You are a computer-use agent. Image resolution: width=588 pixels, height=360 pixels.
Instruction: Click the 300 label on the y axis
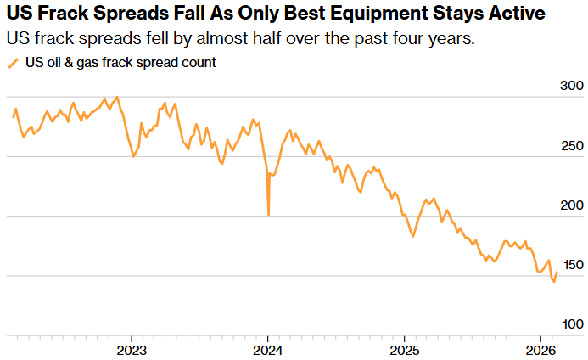pyautogui.click(x=573, y=86)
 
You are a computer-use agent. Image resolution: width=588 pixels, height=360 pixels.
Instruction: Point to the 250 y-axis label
pyautogui.click(x=573, y=145)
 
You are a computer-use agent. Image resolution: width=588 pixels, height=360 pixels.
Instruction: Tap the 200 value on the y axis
pyautogui.click(x=573, y=205)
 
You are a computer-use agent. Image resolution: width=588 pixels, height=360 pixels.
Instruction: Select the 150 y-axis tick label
pyautogui.click(x=573, y=265)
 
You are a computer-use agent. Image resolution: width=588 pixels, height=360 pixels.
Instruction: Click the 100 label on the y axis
pyautogui.click(x=573, y=324)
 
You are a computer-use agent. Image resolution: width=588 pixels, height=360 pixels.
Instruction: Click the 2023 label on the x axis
pyautogui.click(x=131, y=350)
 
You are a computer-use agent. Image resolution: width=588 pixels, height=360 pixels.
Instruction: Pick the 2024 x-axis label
pyautogui.click(x=268, y=350)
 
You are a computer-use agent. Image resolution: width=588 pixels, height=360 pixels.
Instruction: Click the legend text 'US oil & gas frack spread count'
pyautogui.click(x=119, y=63)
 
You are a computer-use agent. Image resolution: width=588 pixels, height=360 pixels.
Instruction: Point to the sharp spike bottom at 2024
pyautogui.click(x=268, y=215)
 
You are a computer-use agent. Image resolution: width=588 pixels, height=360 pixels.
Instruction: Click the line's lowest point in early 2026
pyautogui.click(x=554, y=281)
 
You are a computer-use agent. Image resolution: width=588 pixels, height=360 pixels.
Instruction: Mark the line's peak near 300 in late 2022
pyautogui.click(x=116, y=98)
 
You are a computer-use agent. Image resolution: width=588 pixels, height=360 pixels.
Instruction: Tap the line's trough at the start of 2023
pyautogui.click(x=133, y=156)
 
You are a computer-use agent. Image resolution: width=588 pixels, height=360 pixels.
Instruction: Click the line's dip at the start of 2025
pyautogui.click(x=412, y=235)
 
